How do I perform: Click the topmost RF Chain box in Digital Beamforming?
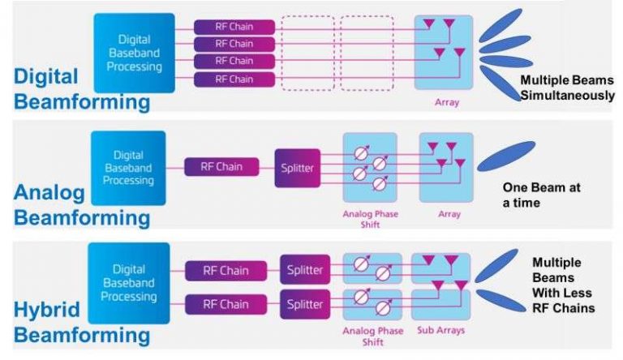pos(234,27)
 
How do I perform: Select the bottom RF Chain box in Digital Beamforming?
pos(234,79)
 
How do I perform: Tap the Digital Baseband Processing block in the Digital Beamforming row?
pos(135,54)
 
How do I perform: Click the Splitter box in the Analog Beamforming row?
pos(297,168)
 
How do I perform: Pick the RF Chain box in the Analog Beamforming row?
pos(221,167)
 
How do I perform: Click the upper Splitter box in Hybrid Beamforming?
pos(305,270)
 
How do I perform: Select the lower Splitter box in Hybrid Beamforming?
pos(305,304)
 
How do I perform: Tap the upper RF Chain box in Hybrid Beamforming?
pos(226,271)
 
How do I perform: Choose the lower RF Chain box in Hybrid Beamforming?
pos(226,304)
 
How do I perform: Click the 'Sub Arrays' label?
pos(441,330)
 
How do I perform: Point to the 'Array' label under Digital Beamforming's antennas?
pos(447,102)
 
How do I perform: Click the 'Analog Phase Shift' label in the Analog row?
pos(370,219)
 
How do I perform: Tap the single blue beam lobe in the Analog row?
pos(506,156)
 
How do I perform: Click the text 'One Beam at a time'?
pos(542,195)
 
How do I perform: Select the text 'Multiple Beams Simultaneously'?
pos(567,88)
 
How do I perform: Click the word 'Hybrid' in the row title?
pos(47,311)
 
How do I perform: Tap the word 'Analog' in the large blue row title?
pos(49,193)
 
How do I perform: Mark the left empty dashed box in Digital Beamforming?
pos(307,54)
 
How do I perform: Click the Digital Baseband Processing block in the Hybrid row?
pos(129,283)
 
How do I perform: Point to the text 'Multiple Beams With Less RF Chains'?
pos(564,285)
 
